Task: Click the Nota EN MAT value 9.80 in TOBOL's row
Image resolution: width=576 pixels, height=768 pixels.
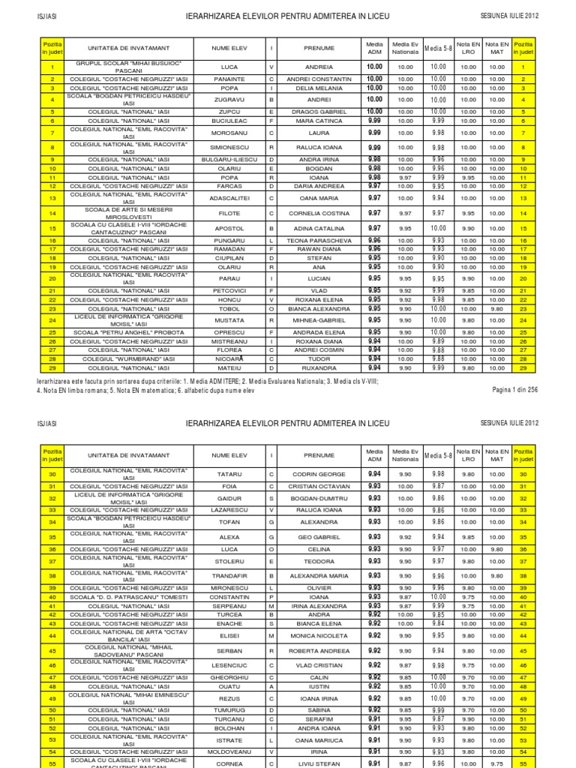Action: coord(496,308)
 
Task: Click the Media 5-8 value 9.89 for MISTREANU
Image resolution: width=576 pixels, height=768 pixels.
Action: coord(438,340)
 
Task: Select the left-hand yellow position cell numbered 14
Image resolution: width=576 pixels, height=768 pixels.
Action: coord(52,213)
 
